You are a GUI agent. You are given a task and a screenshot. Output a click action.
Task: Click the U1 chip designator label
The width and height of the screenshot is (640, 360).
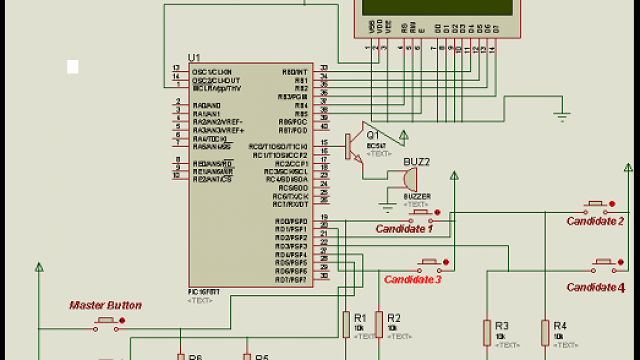pyautogui.click(x=193, y=57)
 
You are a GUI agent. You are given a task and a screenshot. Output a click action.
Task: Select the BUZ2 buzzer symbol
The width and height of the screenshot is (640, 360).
pyautogui.click(x=409, y=179)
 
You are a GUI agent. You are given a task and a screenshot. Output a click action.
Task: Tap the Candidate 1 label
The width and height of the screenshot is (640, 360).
pyautogui.click(x=404, y=229)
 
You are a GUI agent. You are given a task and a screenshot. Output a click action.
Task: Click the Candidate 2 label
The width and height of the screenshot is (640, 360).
pyautogui.click(x=595, y=221)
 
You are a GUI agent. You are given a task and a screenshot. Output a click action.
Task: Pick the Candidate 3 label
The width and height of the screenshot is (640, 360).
pyautogui.click(x=412, y=279)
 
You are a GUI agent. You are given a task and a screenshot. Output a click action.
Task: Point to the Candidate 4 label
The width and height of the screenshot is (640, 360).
pyautogui.click(x=595, y=287)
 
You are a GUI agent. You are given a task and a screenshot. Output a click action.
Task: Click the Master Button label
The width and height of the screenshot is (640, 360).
pyautogui.click(x=105, y=305)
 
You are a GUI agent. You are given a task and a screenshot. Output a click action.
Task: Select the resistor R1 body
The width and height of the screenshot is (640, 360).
pyautogui.click(x=346, y=324)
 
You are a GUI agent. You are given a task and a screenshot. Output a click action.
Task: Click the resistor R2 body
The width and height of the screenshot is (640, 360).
pyautogui.click(x=379, y=324)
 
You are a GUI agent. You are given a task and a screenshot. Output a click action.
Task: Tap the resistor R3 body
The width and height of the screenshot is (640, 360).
pyautogui.click(x=487, y=332)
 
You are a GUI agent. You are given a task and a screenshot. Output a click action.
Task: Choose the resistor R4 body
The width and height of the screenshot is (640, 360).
pyautogui.click(x=545, y=332)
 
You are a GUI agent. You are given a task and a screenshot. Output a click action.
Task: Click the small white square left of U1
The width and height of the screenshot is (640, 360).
pyautogui.click(x=73, y=66)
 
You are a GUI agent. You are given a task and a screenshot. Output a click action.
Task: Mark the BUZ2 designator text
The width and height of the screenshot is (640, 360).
pyautogui.click(x=416, y=162)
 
